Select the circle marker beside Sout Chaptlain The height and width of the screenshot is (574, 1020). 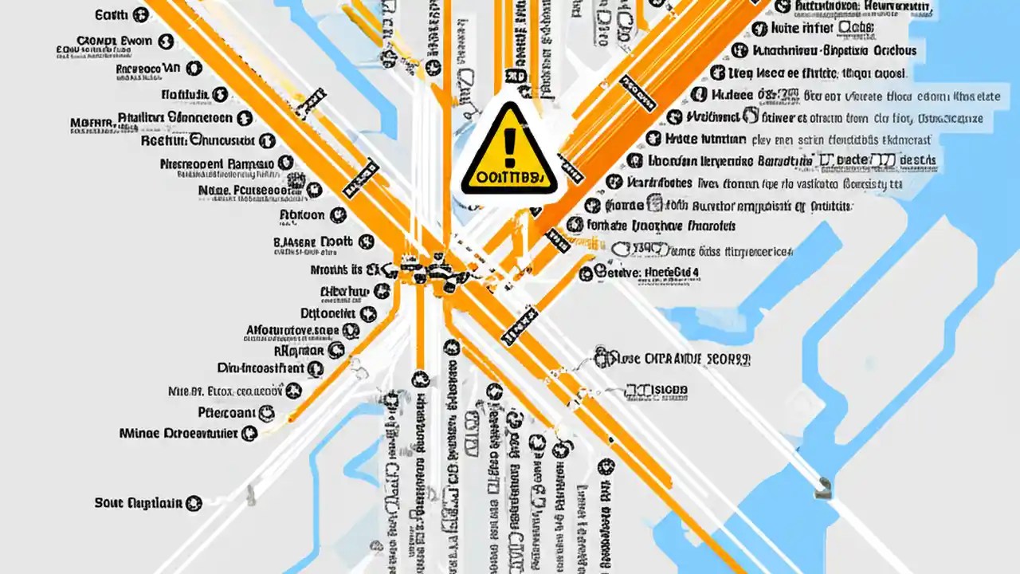[x=194, y=503]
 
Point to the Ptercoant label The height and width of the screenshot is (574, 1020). [x=226, y=413]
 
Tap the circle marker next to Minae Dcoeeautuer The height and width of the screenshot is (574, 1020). [x=249, y=434]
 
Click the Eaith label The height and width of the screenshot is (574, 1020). [x=111, y=14]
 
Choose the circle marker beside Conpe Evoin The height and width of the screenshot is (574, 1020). [x=167, y=41]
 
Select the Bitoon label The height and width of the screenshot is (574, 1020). [x=302, y=214]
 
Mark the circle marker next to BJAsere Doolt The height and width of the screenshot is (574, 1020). [x=366, y=242]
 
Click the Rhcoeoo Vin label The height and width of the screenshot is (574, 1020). [x=148, y=69]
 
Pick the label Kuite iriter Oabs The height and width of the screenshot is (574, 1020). [x=822, y=29]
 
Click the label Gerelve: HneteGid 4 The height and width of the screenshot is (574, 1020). [x=647, y=273]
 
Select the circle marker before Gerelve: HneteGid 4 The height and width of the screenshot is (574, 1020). [x=586, y=273]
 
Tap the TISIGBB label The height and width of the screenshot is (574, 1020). [x=657, y=391]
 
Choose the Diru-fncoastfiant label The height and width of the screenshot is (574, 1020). [x=261, y=368]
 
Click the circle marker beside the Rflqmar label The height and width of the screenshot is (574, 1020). [x=335, y=349]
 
